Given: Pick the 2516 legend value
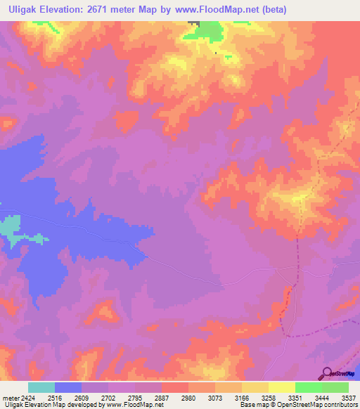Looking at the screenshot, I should coord(54,397).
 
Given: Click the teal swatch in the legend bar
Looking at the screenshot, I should coord(41,387).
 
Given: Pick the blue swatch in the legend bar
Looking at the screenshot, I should coord(68,387).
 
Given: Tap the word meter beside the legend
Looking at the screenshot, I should coord(9,397).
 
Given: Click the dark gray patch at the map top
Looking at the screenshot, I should coord(193,25).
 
